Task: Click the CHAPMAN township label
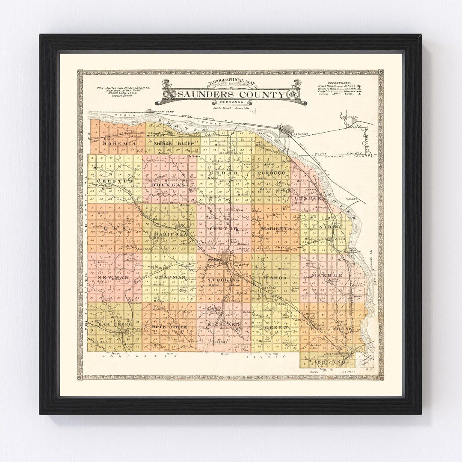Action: click(170, 277)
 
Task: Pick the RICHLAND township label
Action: click(223, 325)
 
